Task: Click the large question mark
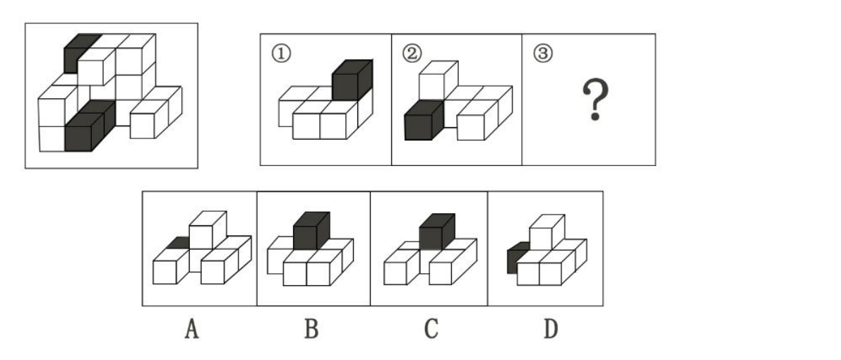[595, 100]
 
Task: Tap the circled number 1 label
[282, 54]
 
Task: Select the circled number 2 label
[412, 54]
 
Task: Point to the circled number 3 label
[543, 54]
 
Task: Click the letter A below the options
[191, 328]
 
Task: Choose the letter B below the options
[311, 328]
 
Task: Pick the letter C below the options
[431, 328]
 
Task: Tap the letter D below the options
[551, 328]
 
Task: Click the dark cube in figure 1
[352, 80]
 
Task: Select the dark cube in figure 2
[424, 120]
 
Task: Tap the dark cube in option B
[311, 232]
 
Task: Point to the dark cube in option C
[436, 232]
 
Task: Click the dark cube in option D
[516, 258]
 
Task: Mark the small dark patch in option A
[178, 243]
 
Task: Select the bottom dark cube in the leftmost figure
[90, 126]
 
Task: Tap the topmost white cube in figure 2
[439, 79]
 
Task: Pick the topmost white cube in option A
[208, 229]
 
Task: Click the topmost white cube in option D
[547, 232]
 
